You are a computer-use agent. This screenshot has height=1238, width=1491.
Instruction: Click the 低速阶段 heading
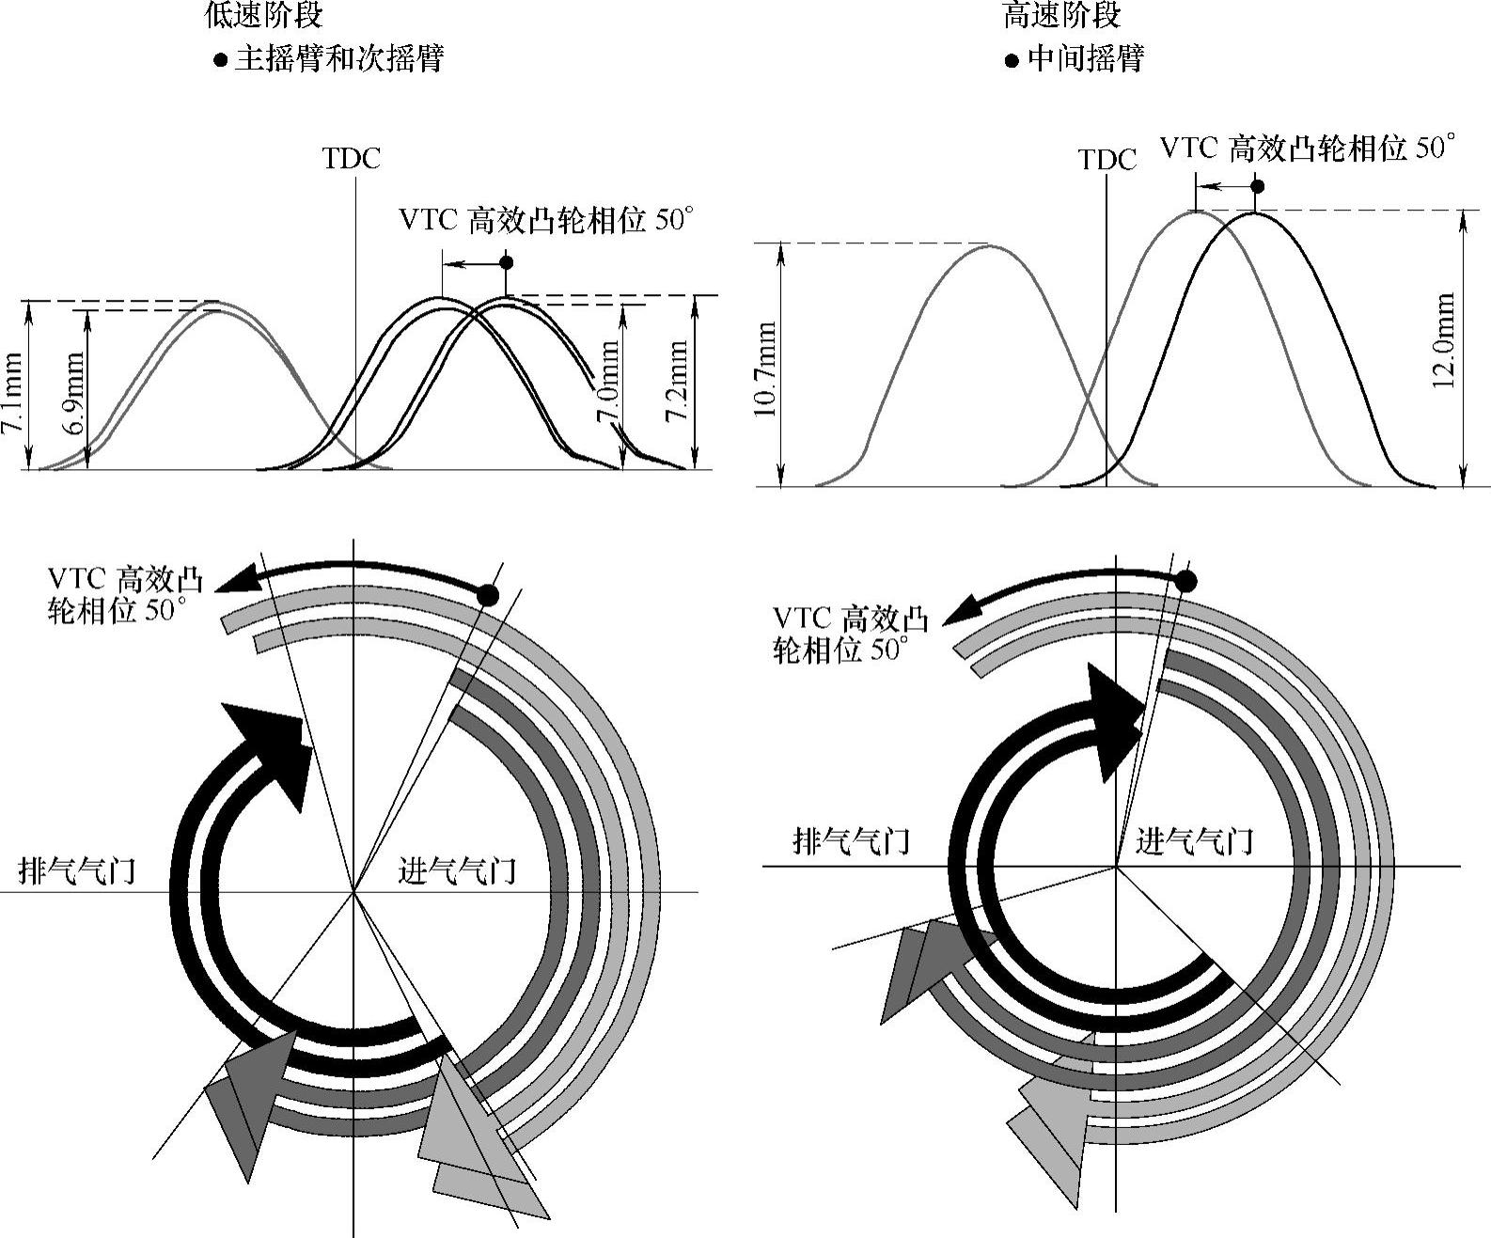(264, 14)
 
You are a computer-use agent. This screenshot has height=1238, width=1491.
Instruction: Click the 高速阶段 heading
(1062, 14)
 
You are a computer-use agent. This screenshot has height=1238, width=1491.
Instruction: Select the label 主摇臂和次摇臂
(338, 59)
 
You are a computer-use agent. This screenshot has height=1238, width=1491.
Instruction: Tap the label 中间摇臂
(1086, 59)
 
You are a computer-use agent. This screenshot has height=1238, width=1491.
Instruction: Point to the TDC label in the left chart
(352, 158)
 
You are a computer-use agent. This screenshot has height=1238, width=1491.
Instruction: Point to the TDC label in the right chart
(1107, 160)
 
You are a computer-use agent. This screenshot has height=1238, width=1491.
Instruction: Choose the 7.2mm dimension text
(677, 381)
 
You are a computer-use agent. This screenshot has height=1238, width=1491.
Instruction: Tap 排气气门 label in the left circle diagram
(77, 870)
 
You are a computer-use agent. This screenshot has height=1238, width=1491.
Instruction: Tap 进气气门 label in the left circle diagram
(457, 870)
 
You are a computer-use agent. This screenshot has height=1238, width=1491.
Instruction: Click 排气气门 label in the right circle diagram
(852, 839)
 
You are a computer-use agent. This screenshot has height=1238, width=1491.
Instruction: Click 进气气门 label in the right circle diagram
(1194, 839)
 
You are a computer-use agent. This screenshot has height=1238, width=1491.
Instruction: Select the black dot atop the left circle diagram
(487, 594)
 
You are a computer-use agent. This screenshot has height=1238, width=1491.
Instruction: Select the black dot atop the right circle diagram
(1186, 581)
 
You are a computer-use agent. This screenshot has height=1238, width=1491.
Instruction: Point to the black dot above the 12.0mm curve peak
(1258, 186)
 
